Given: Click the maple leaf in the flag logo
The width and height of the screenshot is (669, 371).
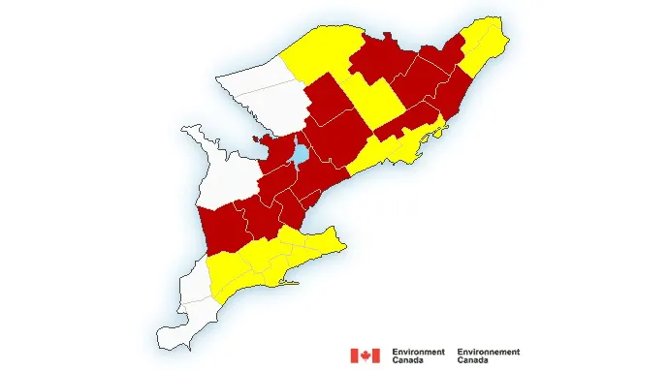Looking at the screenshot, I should click(365, 356).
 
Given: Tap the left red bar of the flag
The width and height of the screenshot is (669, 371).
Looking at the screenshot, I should click(354, 356).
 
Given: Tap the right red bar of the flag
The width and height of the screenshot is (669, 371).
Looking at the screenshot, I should click(375, 356).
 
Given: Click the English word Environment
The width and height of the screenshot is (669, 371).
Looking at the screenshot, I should click(419, 352).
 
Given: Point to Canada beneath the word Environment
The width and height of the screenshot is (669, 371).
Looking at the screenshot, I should click(407, 360).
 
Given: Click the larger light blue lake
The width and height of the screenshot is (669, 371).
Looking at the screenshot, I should click(301, 153).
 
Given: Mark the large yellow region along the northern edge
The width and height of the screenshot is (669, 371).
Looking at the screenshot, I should click(320, 48).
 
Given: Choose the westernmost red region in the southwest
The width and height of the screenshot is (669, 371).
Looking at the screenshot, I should click(221, 228).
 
